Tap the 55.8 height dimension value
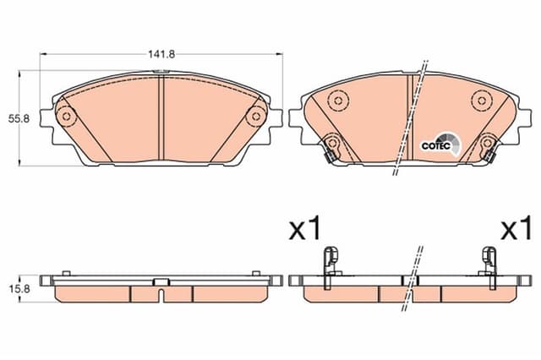13,118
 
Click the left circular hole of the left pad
65,117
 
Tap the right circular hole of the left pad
254,117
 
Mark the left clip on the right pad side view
332,259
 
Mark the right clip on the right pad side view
489,259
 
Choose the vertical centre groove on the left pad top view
160,118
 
